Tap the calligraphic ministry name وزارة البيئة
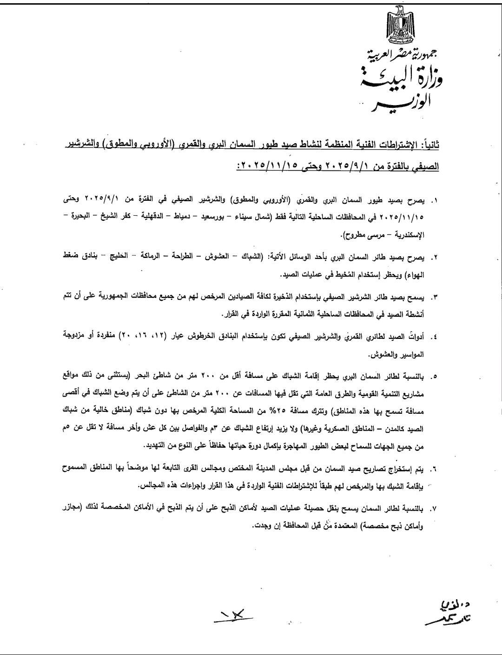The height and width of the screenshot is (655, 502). click(403, 79)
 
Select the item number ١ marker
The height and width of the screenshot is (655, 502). click(435, 201)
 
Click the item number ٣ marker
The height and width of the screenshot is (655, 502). click(435, 297)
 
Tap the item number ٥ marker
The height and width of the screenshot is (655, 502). click(435, 375)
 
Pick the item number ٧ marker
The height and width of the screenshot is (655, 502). click(435, 509)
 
